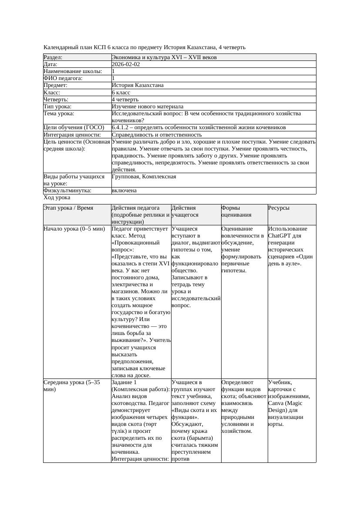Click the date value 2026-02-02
point(126,64)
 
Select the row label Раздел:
point(53,57)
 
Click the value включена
point(124,191)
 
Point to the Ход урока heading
point(57,198)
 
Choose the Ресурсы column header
point(279,208)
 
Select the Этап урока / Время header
point(68,208)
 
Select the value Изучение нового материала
point(148,107)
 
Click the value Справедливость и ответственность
point(157,135)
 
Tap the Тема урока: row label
point(59,114)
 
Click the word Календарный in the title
point(61,47)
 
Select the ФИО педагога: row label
point(63,78)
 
